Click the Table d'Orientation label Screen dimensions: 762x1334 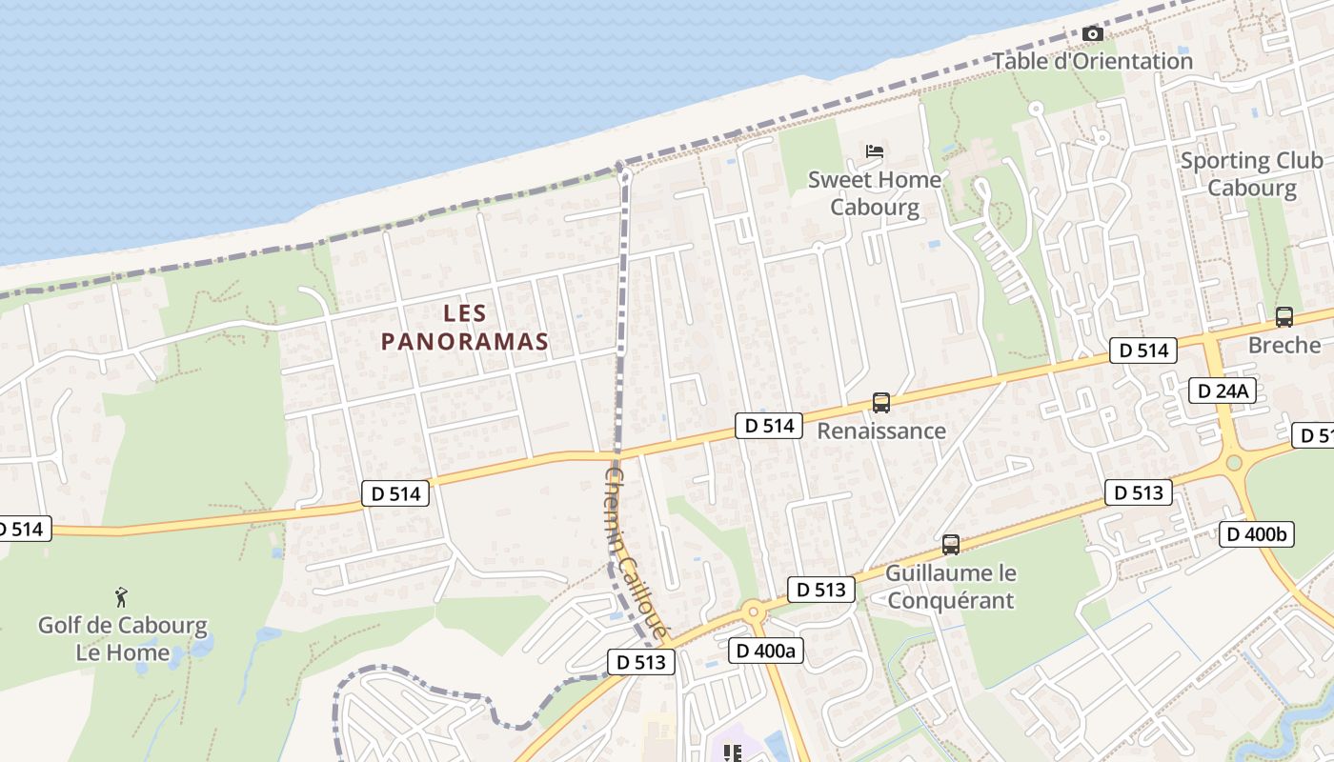coord(1092,61)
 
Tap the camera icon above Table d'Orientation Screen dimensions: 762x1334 coord(1093,34)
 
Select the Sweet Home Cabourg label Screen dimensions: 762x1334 coord(874,193)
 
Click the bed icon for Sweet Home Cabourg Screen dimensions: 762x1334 coord(874,150)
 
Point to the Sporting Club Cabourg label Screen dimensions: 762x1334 coord(1251,174)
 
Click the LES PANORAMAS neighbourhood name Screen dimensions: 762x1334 coord(465,327)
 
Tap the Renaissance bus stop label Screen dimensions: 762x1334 coord(881,431)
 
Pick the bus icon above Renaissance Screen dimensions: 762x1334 coord(881,403)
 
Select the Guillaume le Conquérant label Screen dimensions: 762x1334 coord(950,587)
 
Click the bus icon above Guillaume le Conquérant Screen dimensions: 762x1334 coord(950,545)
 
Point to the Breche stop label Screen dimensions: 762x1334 coord(1283,345)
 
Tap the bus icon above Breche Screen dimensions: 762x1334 coord(1283,317)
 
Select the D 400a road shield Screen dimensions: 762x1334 coord(765,651)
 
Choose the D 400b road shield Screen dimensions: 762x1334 coord(1256,534)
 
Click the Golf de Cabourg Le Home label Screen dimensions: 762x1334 coord(122,639)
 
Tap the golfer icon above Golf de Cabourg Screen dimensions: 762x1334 coord(121,597)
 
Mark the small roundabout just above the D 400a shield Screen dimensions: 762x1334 coord(754,612)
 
